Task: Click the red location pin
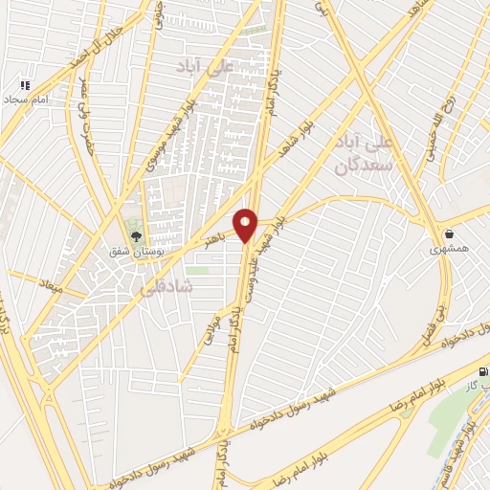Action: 246,225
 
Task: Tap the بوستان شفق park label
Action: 135,251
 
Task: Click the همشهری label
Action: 450,249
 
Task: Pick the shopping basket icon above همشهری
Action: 449,233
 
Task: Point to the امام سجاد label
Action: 25,99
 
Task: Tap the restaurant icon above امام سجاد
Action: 27,84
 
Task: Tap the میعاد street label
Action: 48,283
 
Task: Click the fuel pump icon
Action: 481,371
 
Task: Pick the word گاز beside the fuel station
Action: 470,386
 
